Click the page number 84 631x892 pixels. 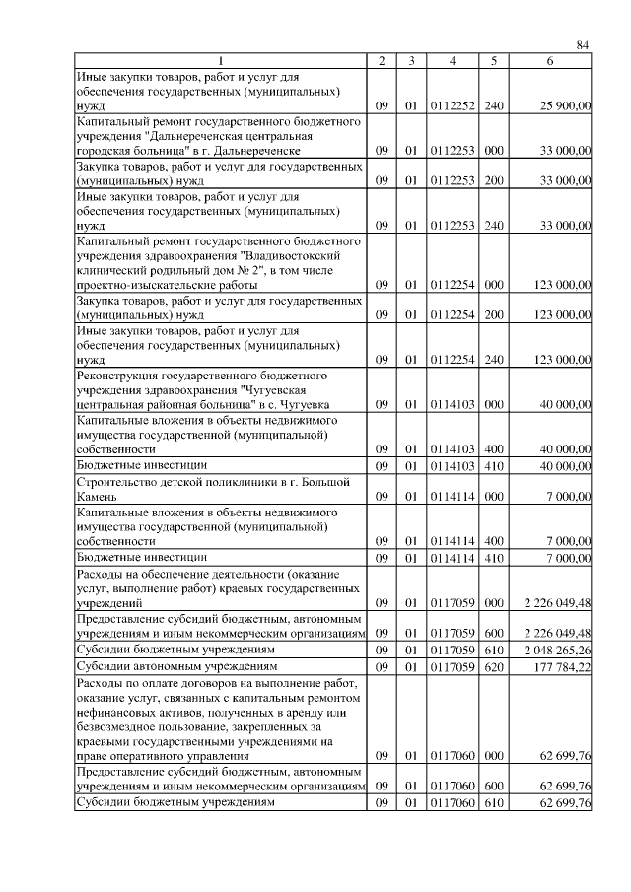click(x=582, y=45)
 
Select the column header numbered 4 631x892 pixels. click(x=452, y=61)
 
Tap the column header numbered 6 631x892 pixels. click(x=550, y=61)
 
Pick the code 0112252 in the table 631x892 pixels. click(x=452, y=105)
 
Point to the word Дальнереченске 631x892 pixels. click(x=254, y=152)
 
